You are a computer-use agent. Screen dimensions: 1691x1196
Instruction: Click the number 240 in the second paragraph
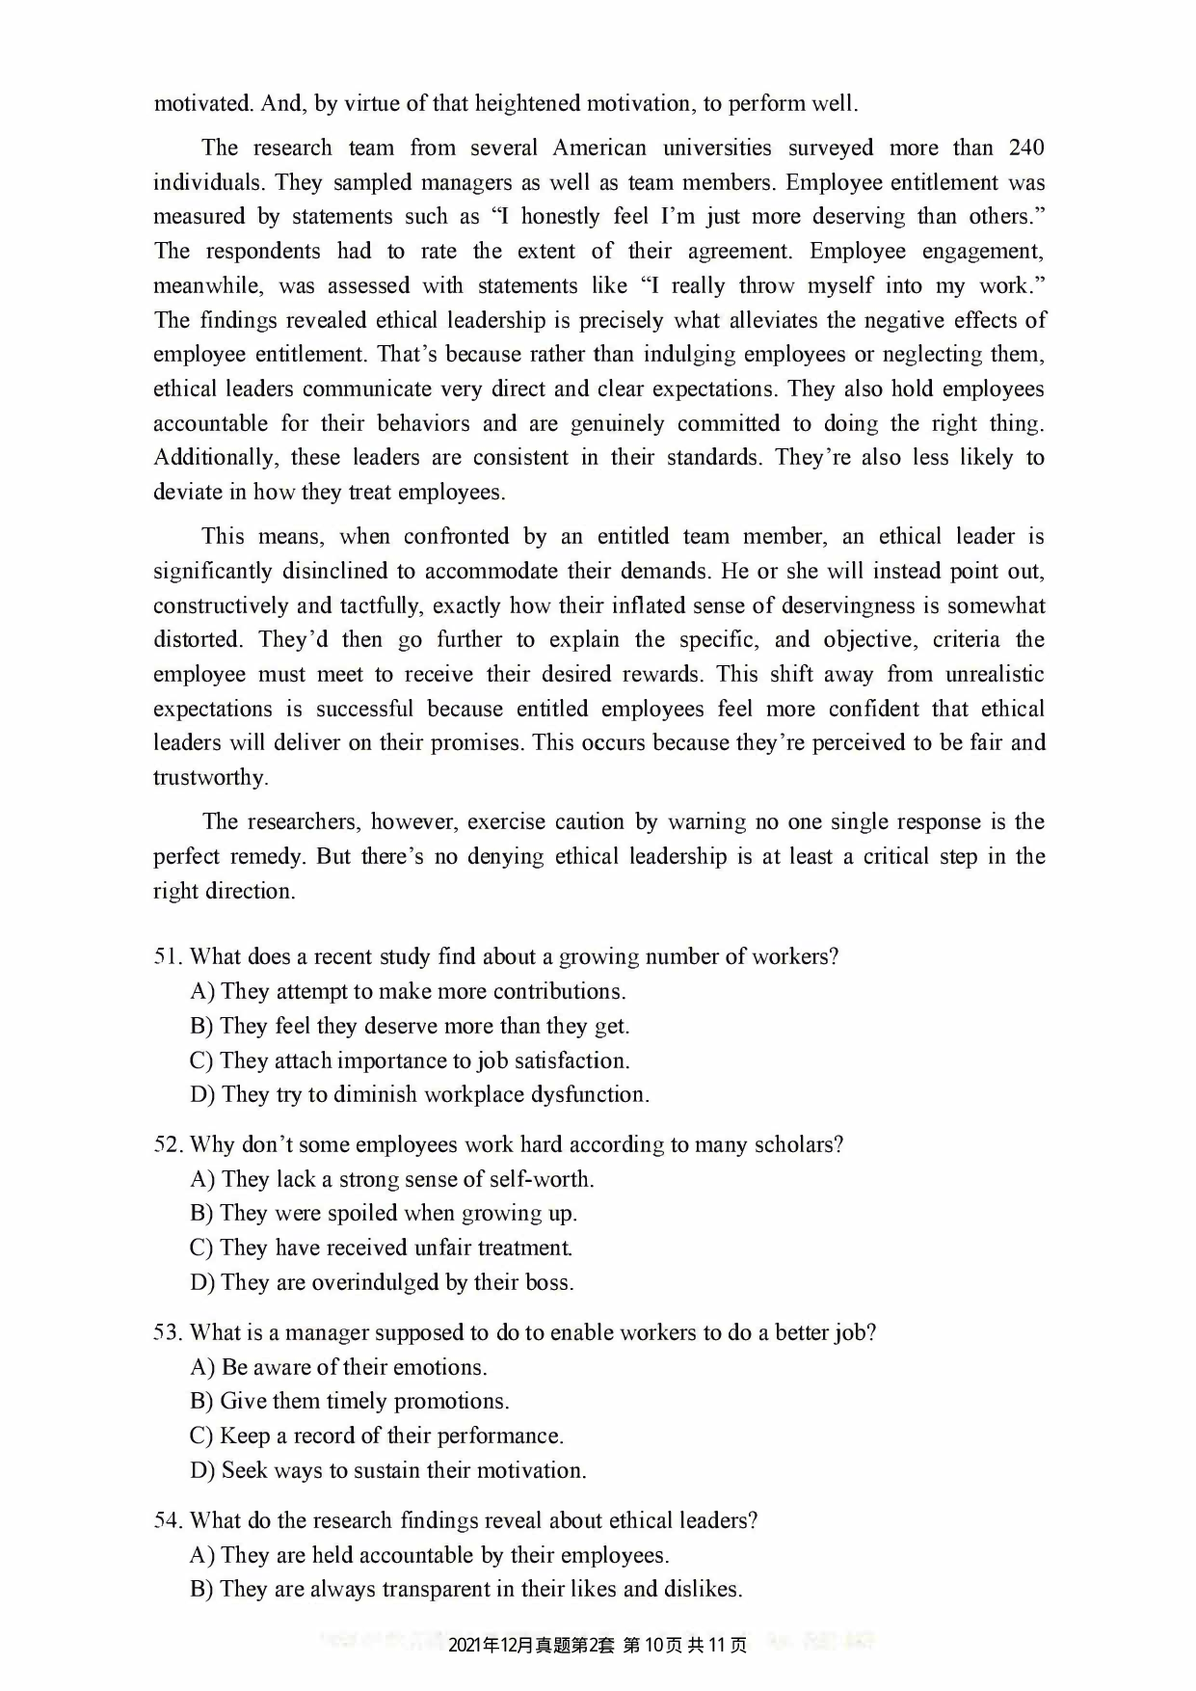click(1025, 148)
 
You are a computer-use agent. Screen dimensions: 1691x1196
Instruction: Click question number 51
click(167, 956)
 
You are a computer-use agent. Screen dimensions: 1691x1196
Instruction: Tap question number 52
click(167, 1144)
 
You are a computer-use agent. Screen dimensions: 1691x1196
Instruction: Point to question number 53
click(167, 1332)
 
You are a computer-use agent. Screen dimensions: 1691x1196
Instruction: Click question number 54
click(167, 1520)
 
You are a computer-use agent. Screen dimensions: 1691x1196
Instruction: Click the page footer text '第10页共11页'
click(685, 1645)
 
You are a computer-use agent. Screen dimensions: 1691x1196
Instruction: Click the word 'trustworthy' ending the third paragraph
click(209, 777)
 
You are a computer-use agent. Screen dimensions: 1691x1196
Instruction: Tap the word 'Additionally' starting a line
click(213, 458)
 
